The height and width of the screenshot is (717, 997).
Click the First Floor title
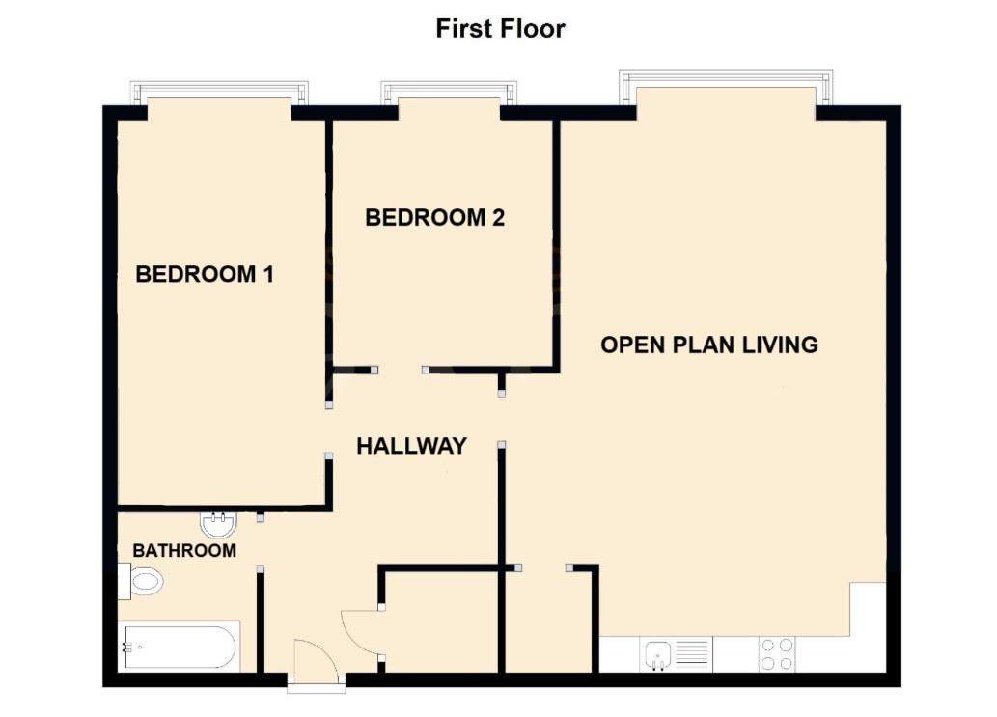[x=500, y=28]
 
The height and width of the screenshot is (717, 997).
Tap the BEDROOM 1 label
[x=205, y=274]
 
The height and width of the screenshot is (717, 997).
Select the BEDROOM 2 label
[x=434, y=218]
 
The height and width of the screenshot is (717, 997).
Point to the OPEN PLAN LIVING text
[x=709, y=345]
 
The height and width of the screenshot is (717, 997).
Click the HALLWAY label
[x=411, y=446]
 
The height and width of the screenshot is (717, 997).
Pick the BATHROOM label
[x=184, y=551]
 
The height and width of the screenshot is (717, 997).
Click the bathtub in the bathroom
[x=179, y=647]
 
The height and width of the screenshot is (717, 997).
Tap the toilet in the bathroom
[x=141, y=582]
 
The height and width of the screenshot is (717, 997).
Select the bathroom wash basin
[x=218, y=526]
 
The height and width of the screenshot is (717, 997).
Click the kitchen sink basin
[x=657, y=654]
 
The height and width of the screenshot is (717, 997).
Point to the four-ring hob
[x=777, y=654]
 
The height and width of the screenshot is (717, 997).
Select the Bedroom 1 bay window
[x=220, y=94]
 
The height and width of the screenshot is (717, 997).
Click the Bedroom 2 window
[x=449, y=93]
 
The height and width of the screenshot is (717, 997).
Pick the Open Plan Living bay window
[x=726, y=82]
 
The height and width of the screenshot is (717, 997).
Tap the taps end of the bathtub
[x=128, y=647]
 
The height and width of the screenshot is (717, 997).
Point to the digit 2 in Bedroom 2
[x=498, y=218]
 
